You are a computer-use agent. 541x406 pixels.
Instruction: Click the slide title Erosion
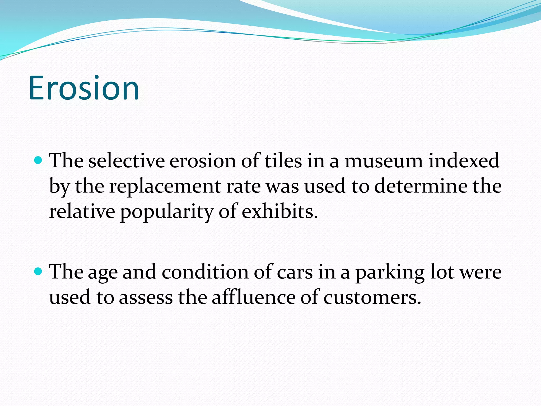pos(84,88)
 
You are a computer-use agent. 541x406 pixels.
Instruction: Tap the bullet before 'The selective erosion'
pos(39,160)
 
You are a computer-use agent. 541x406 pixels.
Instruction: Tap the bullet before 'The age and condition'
pos(39,271)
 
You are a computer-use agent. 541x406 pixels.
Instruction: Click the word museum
pos(384,161)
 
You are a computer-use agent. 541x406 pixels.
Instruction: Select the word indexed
pos(464,161)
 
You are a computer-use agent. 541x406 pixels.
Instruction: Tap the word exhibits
pos(279,212)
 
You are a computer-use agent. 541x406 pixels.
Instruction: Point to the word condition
pos(205,272)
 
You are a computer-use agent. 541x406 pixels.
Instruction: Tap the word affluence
pos(254,297)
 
